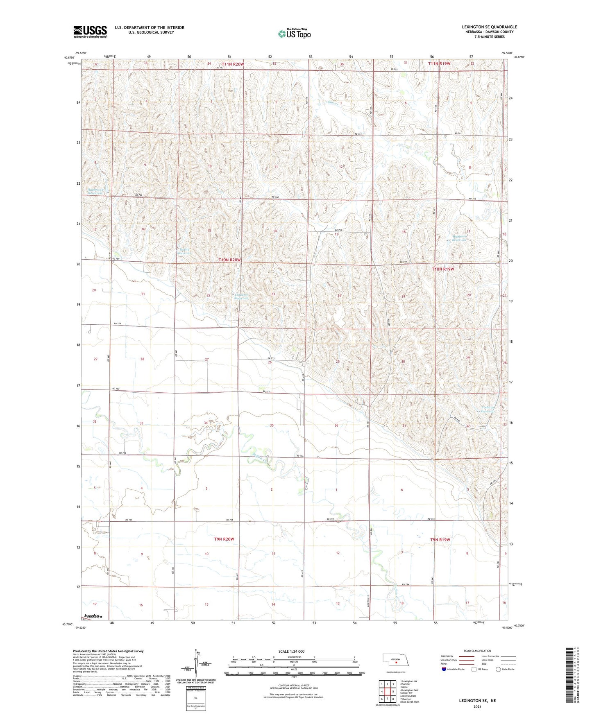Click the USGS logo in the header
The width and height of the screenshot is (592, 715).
click(x=90, y=32)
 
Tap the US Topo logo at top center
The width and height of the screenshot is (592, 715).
click(x=294, y=34)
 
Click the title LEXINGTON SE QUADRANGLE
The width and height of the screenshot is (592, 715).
click(x=489, y=27)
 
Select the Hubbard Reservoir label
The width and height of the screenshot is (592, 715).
click(x=456, y=238)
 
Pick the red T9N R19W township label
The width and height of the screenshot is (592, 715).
click(x=440, y=540)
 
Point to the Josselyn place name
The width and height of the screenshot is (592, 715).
click(x=92, y=616)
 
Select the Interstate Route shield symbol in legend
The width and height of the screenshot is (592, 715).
click(x=445, y=669)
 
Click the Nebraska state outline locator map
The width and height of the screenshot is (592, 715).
click(x=398, y=660)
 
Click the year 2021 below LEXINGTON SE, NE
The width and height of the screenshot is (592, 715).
click(x=477, y=706)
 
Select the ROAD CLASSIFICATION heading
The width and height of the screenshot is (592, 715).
click(x=477, y=651)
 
